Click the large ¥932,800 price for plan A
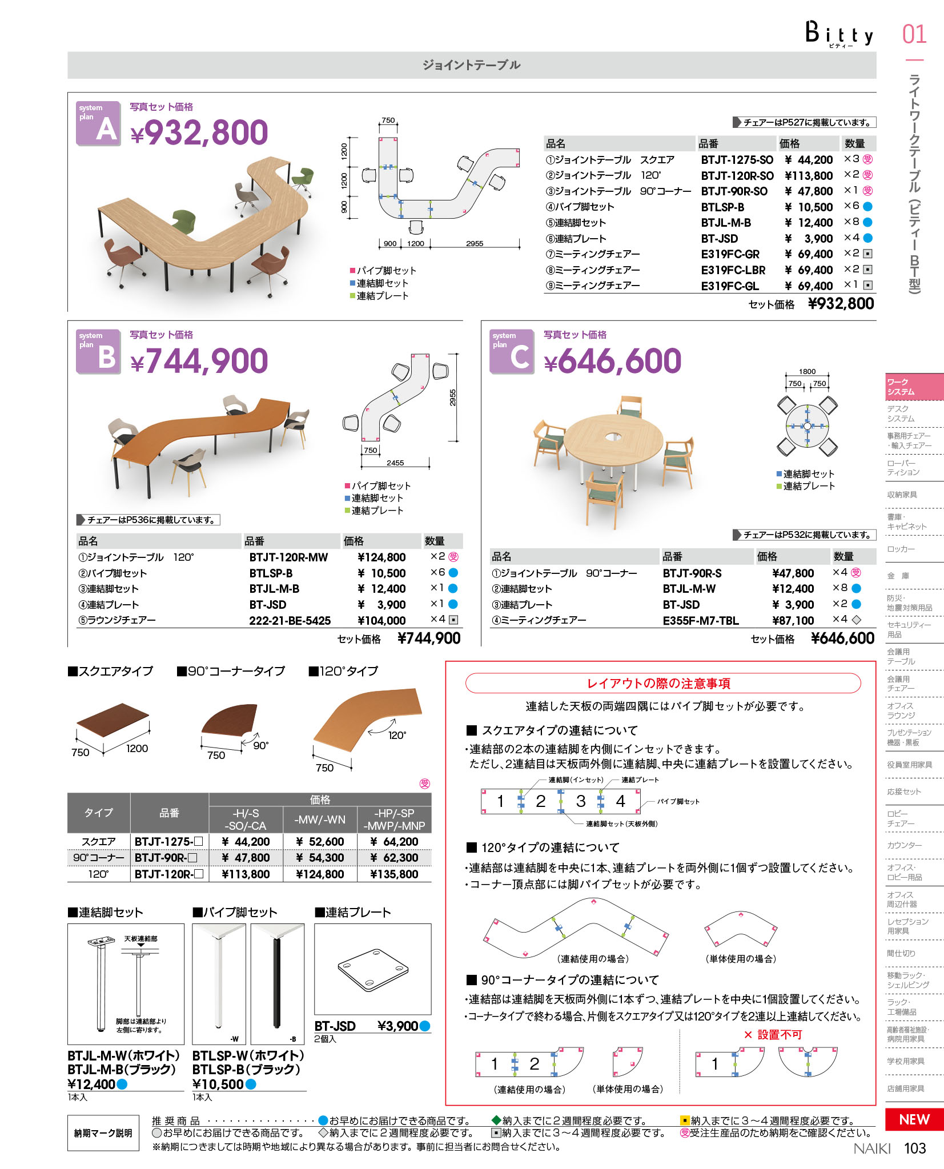[199, 132]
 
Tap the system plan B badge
[98, 351]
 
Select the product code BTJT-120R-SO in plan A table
[737, 176]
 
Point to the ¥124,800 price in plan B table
[381, 557]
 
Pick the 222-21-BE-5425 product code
[290, 621]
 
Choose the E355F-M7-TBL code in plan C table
[700, 621]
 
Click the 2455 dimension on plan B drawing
[395, 463]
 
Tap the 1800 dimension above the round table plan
[807, 372]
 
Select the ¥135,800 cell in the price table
[394, 874]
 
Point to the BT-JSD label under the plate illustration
[335, 1026]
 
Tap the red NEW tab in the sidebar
[914, 1119]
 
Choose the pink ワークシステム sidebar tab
[914, 387]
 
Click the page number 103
[915, 1148]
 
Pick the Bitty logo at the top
[839, 34]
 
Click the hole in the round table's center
[613, 437]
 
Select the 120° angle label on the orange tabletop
[397, 736]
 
